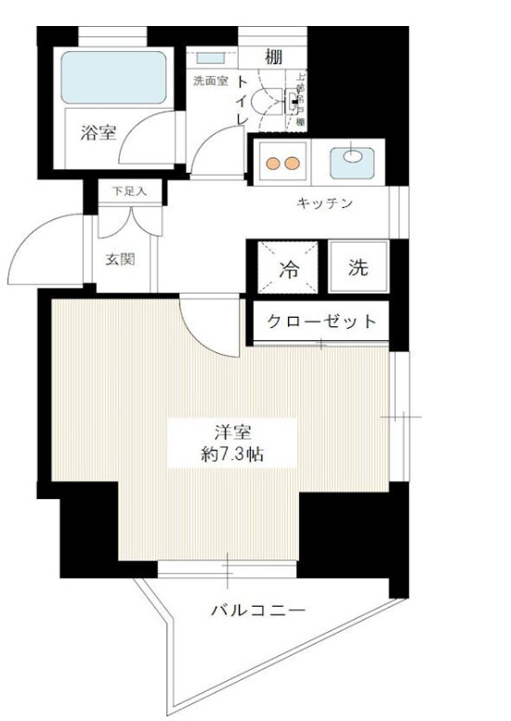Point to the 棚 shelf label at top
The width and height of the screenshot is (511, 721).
[x=273, y=57]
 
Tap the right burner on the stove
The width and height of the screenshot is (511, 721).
[x=293, y=164]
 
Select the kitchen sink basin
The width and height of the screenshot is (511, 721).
[x=354, y=155]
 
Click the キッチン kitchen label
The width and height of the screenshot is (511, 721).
[x=324, y=203]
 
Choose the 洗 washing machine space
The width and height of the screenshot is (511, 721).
[x=359, y=269]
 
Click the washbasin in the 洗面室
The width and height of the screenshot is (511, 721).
[x=204, y=59]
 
